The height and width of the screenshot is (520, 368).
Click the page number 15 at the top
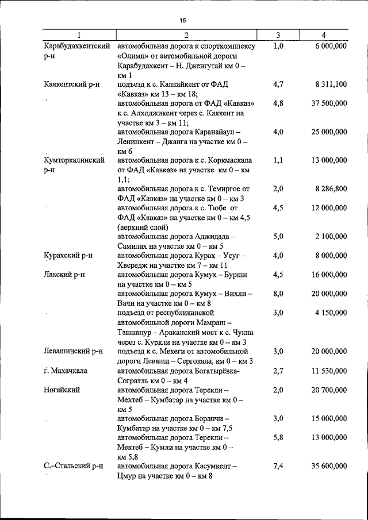[x=183, y=20]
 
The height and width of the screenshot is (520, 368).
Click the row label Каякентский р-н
[x=72, y=84]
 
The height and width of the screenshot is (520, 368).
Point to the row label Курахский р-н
[x=68, y=255]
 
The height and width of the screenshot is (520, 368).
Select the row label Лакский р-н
[x=64, y=274]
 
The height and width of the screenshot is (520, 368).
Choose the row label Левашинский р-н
[x=73, y=351]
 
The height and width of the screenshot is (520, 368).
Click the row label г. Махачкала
[x=66, y=371]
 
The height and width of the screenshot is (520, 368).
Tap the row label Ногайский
[x=61, y=390]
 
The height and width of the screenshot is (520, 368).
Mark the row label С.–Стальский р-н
[x=73, y=466]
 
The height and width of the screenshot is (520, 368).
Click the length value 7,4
[x=278, y=466]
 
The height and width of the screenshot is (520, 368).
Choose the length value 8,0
[x=278, y=293]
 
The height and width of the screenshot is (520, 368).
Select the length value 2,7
[x=278, y=371]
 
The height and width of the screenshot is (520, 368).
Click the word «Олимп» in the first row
[x=133, y=56]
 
